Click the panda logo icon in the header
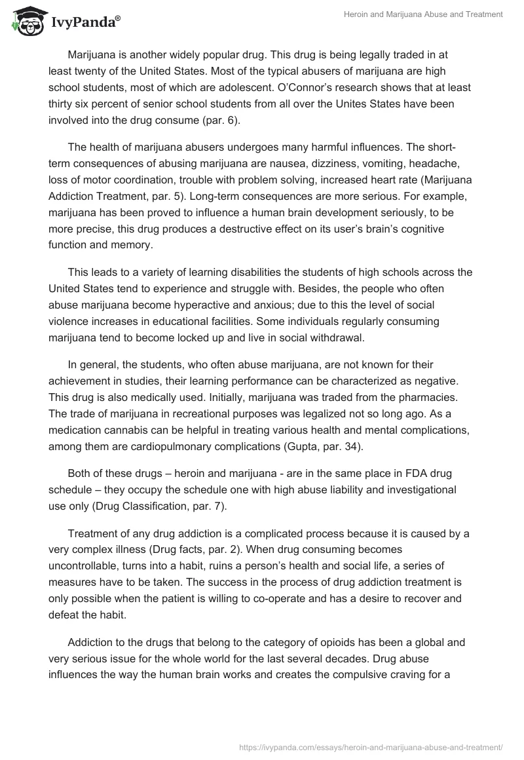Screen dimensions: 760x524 coord(26,21)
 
